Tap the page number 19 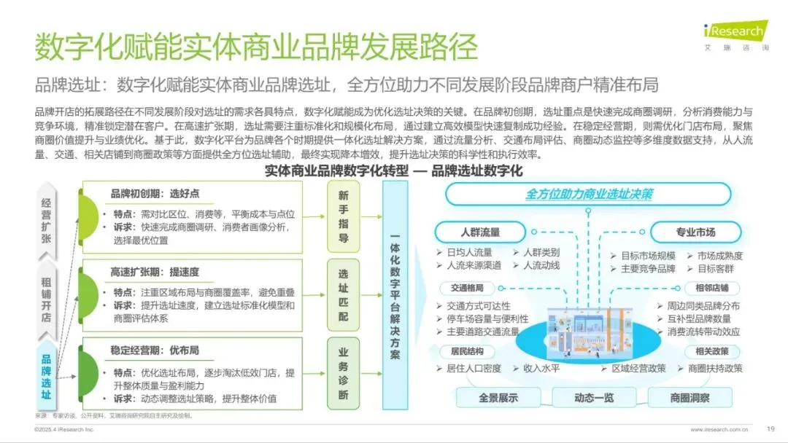click(770, 428)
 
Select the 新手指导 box click(343, 217)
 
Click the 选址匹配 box click(343, 294)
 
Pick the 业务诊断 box click(343, 372)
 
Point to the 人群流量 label click(479, 232)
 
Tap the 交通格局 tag click(466, 288)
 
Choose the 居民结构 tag click(466, 351)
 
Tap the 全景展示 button click(498, 398)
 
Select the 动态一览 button click(594, 398)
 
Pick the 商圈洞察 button click(689, 398)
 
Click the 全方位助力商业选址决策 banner click(589, 195)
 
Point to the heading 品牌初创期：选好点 click(155, 195)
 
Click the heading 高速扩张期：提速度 click(155, 273)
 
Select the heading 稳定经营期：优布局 click(155, 351)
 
